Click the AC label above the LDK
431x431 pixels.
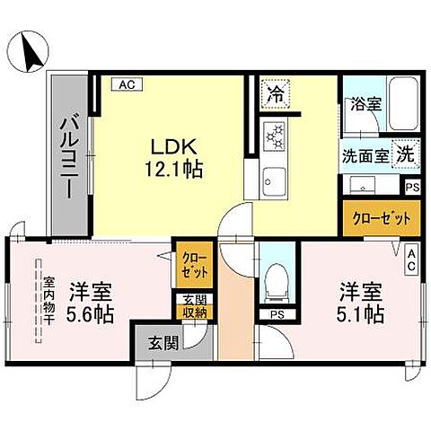(x=125, y=84)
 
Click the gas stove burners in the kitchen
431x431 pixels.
(x=273, y=135)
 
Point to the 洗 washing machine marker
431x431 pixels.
(x=406, y=154)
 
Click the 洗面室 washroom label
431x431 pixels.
(x=365, y=154)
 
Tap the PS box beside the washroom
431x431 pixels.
(x=411, y=188)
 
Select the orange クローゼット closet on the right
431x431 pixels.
(x=382, y=217)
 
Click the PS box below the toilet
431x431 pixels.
(x=275, y=314)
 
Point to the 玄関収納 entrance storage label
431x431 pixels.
(x=195, y=305)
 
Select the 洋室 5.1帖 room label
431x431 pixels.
(x=362, y=303)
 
